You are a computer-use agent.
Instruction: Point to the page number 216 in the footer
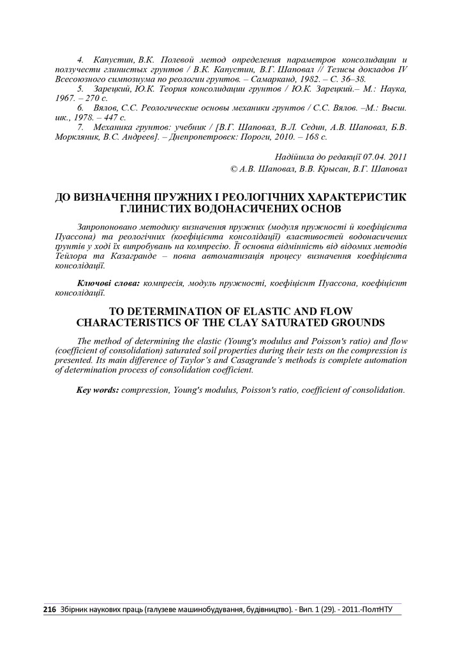(x=49, y=610)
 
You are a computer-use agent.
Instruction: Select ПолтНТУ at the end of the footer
(x=382, y=610)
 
